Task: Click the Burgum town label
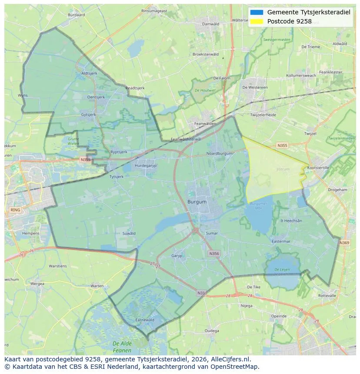[x=197, y=202]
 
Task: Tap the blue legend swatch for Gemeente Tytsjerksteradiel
[x=257, y=12]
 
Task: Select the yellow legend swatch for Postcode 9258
[x=257, y=21]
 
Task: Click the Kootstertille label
[x=318, y=168]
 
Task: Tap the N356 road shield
[x=214, y=253]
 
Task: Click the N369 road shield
[x=344, y=243]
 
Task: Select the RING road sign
[x=15, y=210]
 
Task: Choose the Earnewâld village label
[x=145, y=320]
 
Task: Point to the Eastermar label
[x=280, y=242]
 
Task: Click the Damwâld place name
[x=211, y=24]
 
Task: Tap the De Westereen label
[x=255, y=87]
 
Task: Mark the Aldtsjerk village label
[x=89, y=73]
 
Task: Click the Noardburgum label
[x=219, y=153]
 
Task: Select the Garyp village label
[x=177, y=256]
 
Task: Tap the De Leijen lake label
[x=281, y=270]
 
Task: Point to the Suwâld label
[x=129, y=233]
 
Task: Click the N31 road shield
[x=201, y=293]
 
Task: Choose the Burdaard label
[x=77, y=15]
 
